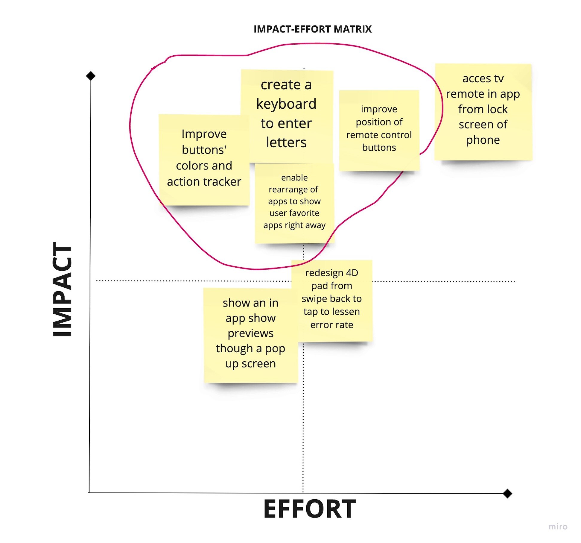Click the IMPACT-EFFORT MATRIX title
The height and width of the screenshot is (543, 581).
(x=312, y=29)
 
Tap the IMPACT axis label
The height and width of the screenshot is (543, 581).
(x=63, y=289)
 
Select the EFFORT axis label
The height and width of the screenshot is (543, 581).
(x=309, y=509)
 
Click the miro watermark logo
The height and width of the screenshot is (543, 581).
(x=558, y=527)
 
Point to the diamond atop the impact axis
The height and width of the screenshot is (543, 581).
(x=91, y=76)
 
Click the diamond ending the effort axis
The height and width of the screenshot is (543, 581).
(x=507, y=493)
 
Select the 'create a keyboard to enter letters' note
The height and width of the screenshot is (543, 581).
(x=287, y=114)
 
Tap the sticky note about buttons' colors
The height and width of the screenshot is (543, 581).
(x=204, y=159)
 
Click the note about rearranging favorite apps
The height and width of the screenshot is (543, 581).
(x=294, y=202)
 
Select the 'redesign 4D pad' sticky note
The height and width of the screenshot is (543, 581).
(x=332, y=299)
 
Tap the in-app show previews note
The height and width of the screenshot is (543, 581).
(x=250, y=334)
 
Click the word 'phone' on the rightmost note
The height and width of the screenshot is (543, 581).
(x=483, y=140)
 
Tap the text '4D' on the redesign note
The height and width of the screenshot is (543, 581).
(x=352, y=273)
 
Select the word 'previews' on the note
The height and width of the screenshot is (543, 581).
(x=250, y=333)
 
